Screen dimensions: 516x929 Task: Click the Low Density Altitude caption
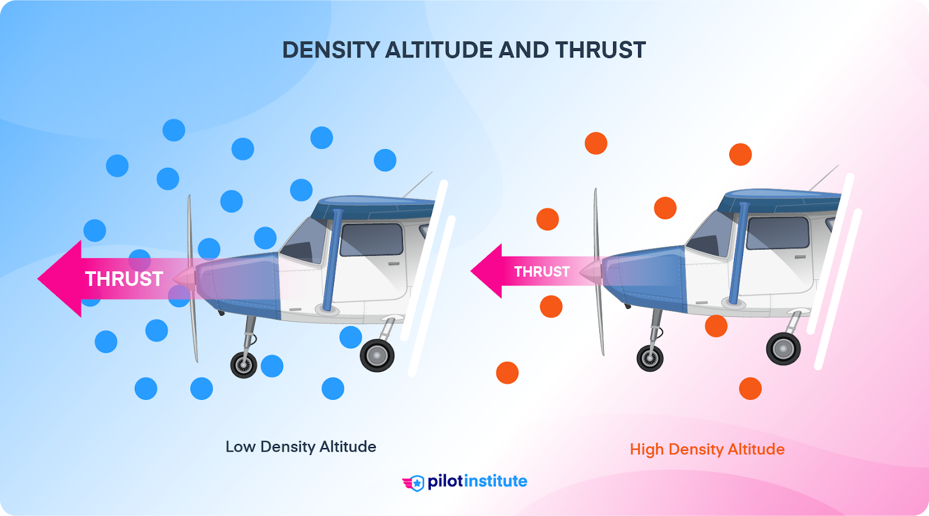pos(301,446)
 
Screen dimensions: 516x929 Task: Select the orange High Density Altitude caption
pos(707,449)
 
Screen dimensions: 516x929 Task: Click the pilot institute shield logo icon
pos(415,483)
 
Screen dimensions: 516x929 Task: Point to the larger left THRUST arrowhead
pos(58,279)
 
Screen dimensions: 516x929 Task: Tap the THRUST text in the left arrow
pos(124,279)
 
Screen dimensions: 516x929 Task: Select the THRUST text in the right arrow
pos(542,272)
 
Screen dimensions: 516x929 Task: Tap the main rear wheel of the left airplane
pos(377,355)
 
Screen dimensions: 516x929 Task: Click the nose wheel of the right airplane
pos(650,359)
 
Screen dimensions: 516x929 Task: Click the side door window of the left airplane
pos(372,239)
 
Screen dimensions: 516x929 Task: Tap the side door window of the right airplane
pos(777,233)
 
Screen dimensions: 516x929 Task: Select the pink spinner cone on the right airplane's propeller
pos(591,271)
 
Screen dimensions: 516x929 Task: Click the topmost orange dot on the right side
pos(596,143)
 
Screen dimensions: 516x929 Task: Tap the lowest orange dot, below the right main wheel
pos(750,388)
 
